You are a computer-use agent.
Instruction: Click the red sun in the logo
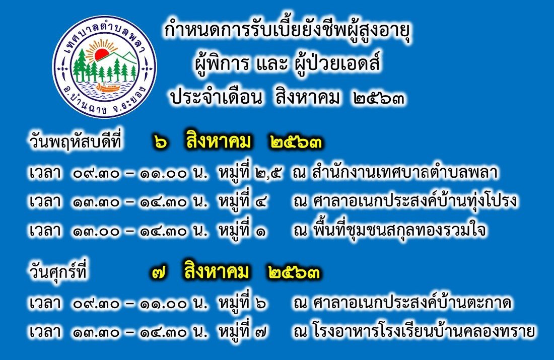[x=101, y=55]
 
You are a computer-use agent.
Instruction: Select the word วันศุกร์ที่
[x=58, y=272]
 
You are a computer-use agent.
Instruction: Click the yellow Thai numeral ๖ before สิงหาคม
[x=161, y=143]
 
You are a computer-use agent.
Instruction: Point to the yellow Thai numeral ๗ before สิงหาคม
[x=160, y=273]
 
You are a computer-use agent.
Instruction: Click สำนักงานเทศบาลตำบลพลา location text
[x=405, y=172]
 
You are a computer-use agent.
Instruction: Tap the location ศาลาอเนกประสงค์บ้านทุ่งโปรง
[x=415, y=201]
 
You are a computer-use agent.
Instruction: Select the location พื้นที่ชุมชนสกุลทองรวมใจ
[x=399, y=230]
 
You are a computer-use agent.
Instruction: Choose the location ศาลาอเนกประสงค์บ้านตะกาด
[x=412, y=303]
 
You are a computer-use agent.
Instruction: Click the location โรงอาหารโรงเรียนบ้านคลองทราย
[x=424, y=332]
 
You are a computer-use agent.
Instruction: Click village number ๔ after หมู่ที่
[x=261, y=202]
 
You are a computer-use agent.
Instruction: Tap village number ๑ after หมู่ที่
[x=261, y=232]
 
